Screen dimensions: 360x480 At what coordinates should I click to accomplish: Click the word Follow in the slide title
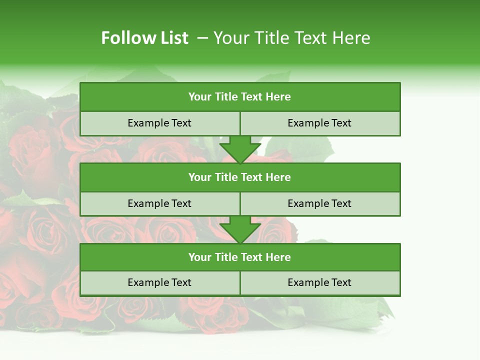[x=124, y=38]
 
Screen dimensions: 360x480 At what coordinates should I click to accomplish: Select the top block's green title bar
[x=240, y=97]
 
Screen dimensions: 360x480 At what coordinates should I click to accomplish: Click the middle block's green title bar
[x=240, y=177]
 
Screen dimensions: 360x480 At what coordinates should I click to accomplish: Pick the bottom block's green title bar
[x=240, y=257]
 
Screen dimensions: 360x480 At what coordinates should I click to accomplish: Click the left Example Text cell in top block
[x=159, y=123]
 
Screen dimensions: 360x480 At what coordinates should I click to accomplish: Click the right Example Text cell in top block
[x=320, y=123]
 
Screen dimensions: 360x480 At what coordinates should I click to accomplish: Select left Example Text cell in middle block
[x=159, y=203]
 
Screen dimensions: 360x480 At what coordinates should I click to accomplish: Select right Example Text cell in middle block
[x=320, y=203]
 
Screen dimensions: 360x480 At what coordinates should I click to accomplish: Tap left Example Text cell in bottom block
[x=159, y=282]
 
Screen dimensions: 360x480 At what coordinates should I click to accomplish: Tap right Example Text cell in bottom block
[x=320, y=282]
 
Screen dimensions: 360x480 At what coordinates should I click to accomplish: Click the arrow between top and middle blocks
[x=240, y=149]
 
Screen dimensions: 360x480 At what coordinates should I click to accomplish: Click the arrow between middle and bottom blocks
[x=240, y=229]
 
